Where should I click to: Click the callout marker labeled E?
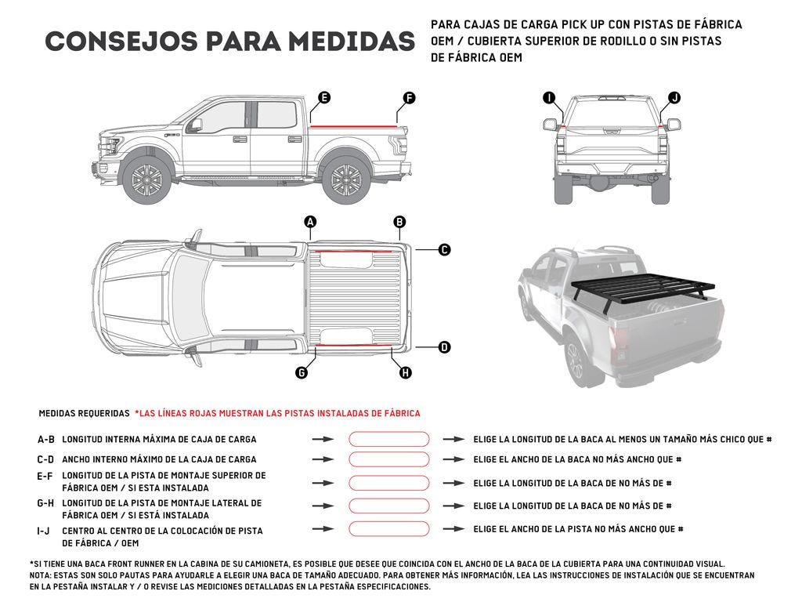324,98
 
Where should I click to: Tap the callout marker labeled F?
409,98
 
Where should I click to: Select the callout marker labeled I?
549,98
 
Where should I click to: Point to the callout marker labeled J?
674,98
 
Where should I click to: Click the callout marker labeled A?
310,222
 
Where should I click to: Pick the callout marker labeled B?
399,222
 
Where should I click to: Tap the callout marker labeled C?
444,250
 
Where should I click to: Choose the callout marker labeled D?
444,346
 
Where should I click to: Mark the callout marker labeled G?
302,372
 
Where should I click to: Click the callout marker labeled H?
406,372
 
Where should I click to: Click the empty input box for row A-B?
388,440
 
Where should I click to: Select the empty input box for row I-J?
388,529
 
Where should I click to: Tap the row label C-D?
45,459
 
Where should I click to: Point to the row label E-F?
45,476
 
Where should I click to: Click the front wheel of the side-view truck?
146,180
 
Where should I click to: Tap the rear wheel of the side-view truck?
345,180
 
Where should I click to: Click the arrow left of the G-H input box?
323,506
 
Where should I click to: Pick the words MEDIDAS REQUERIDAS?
84,413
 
